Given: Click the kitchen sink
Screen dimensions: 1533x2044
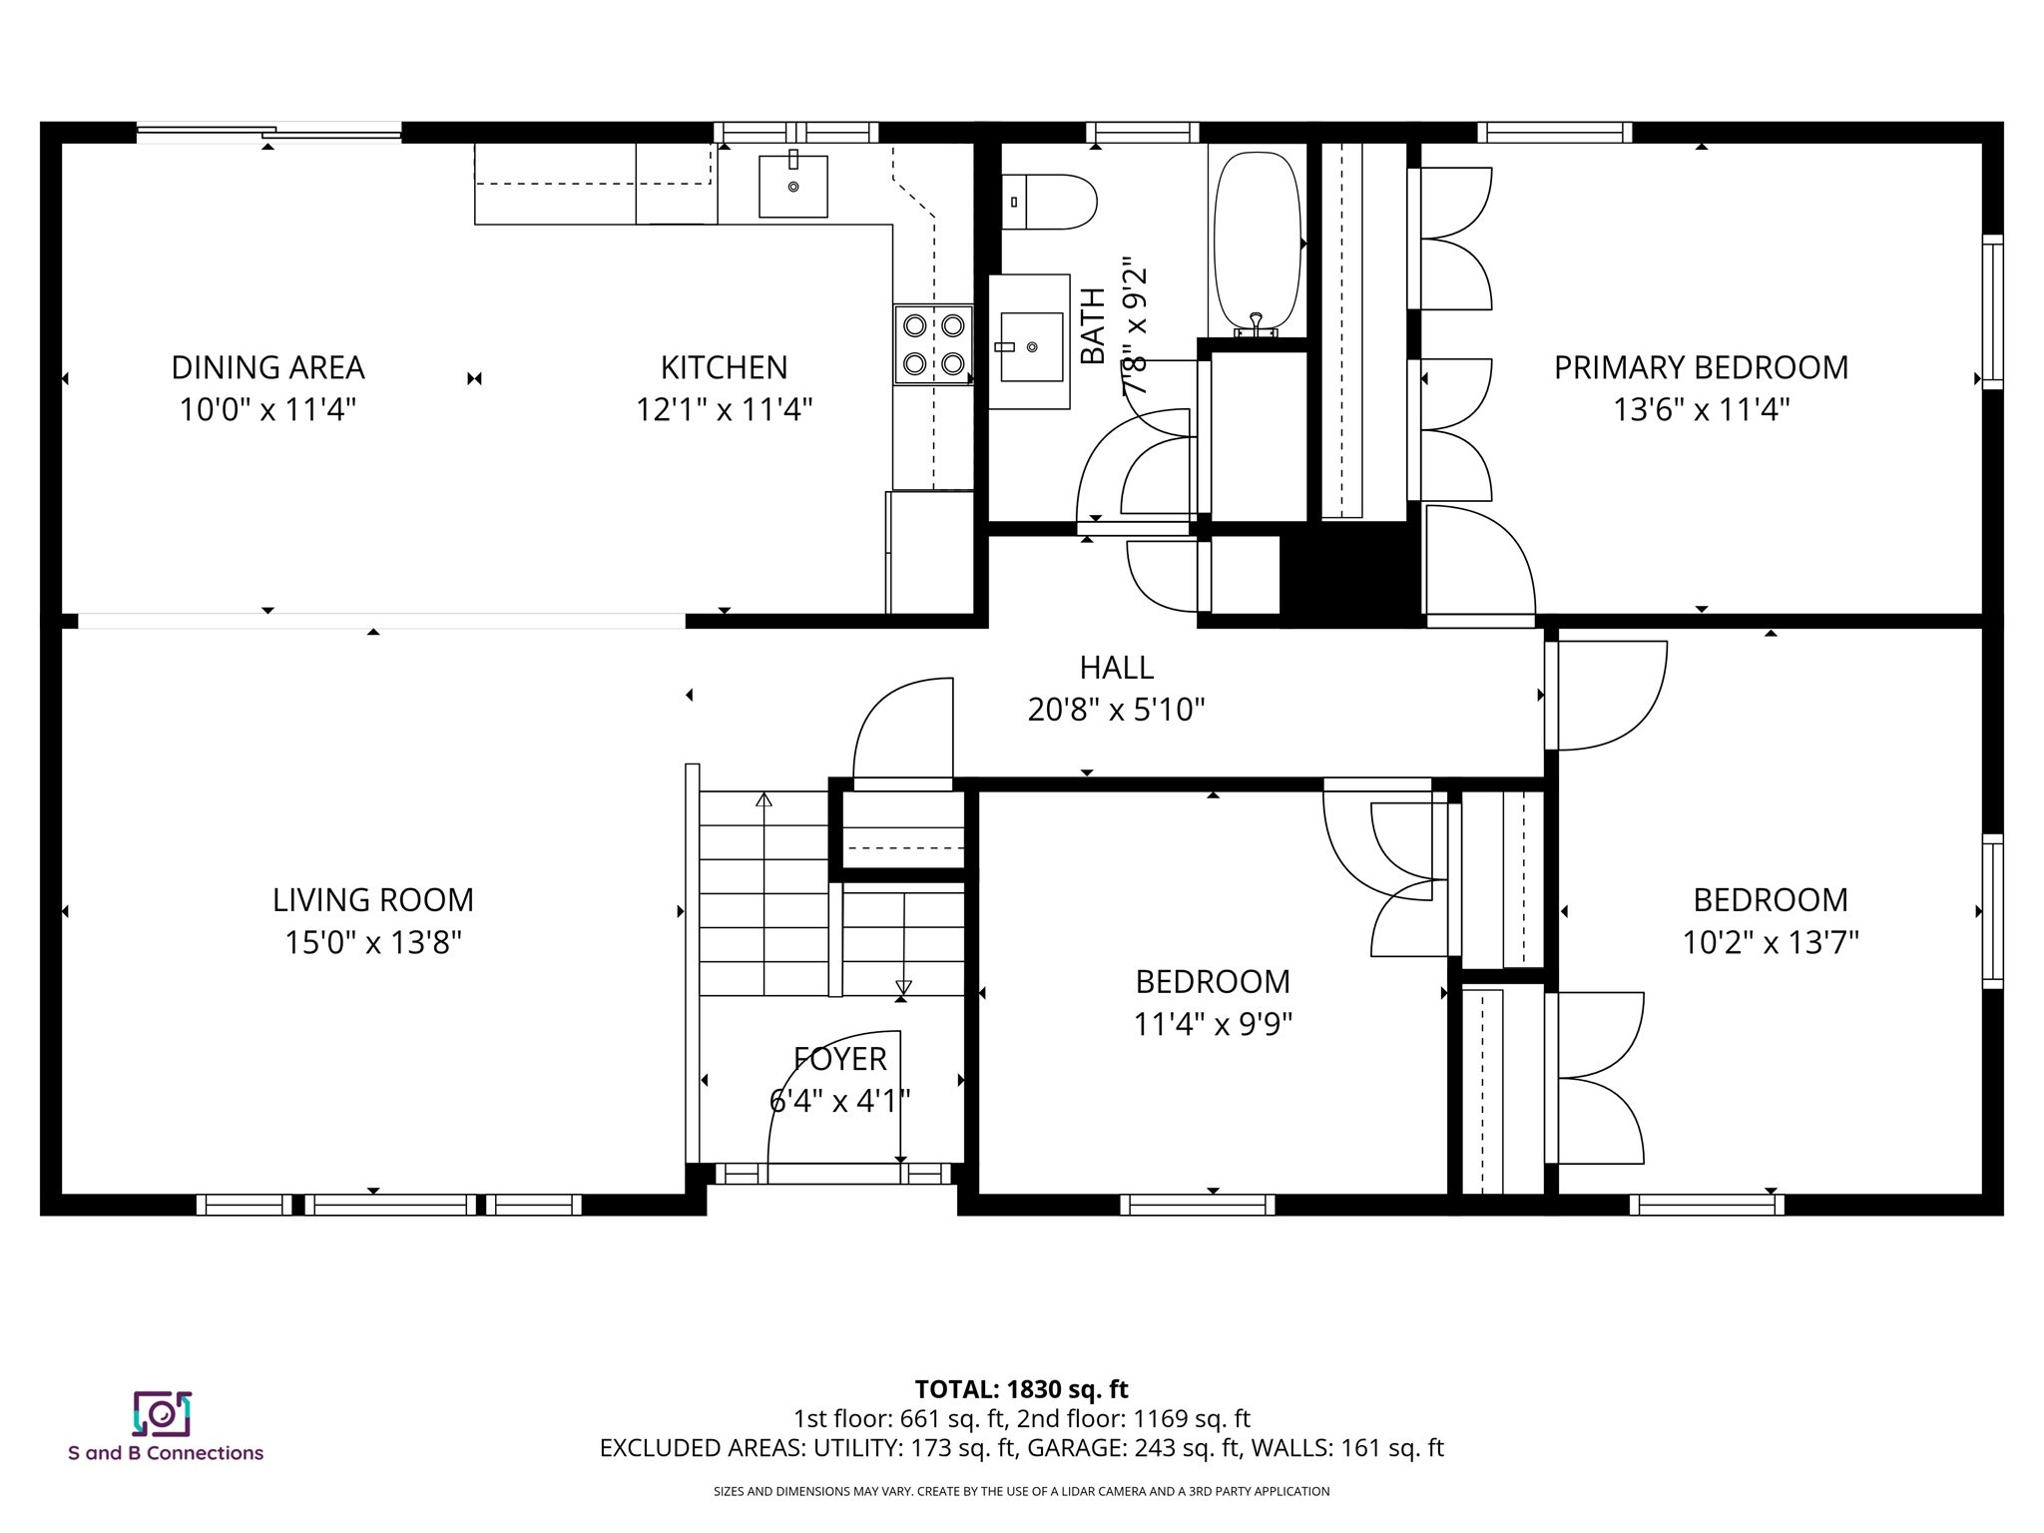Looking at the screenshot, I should tap(792, 186).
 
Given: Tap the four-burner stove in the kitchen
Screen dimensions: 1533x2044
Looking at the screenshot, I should tap(933, 344).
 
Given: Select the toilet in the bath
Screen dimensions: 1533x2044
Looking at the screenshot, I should tap(1050, 202).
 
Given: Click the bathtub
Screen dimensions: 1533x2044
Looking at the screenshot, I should tap(1257, 240).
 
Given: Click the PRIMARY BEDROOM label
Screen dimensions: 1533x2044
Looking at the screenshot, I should tap(1701, 367).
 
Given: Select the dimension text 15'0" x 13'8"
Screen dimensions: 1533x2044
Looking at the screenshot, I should tap(372, 942).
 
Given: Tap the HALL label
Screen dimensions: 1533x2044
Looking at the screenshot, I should tap(1116, 667).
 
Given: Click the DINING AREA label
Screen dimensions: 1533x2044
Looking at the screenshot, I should tap(267, 367).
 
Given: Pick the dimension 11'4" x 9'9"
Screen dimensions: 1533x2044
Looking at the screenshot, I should tap(1213, 1024).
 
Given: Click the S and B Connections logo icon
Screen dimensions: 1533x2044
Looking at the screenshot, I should tap(162, 1413).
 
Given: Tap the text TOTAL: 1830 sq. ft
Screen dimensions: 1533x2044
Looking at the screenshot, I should tap(1021, 1389).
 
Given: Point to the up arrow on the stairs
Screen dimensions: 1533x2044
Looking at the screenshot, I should tap(764, 799).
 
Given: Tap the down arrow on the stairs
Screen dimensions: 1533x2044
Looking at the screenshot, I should tap(903, 987).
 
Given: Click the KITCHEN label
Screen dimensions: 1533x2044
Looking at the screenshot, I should tap(724, 367).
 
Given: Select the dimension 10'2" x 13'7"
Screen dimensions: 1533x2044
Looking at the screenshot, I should tap(1771, 942).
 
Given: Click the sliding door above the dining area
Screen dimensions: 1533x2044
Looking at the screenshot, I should tap(269, 131).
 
